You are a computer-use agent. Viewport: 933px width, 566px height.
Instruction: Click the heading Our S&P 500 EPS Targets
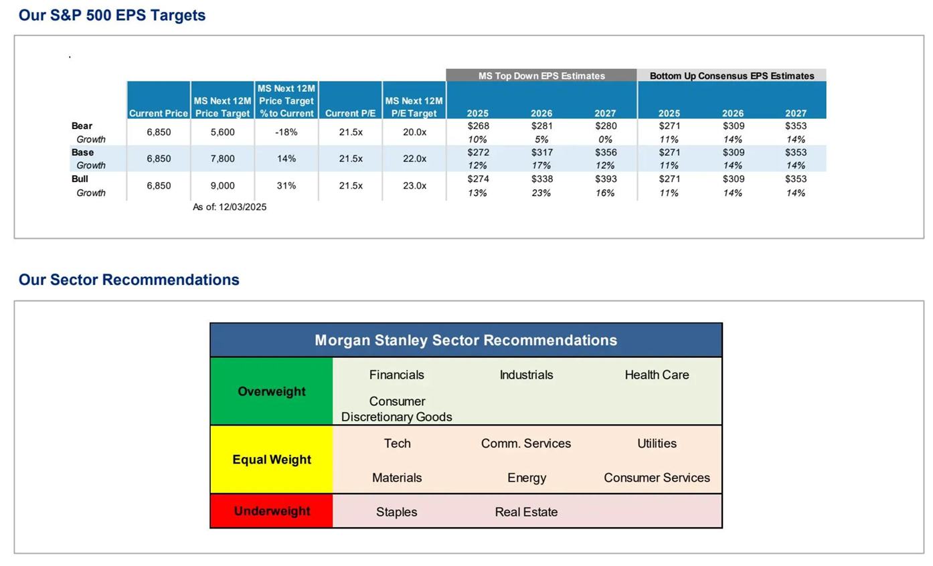tap(112, 15)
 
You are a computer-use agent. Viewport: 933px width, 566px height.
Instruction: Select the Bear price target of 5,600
tap(222, 132)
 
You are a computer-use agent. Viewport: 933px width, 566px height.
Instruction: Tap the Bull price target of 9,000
tap(222, 186)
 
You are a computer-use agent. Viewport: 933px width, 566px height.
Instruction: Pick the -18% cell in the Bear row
tap(286, 132)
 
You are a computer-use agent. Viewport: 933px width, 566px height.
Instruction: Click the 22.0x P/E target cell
tap(414, 159)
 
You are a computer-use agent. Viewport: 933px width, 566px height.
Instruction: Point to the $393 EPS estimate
tap(605, 179)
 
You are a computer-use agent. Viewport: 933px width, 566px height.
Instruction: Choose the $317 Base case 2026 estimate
tap(541, 153)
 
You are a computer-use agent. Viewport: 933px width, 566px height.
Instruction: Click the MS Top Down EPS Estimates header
tap(541, 76)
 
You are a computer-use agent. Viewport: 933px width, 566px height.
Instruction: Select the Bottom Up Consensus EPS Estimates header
tap(732, 76)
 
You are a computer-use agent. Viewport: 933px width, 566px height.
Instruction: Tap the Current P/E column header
tap(350, 113)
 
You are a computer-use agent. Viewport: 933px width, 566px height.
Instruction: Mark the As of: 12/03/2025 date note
tap(230, 207)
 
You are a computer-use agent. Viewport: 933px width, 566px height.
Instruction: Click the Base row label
tap(82, 153)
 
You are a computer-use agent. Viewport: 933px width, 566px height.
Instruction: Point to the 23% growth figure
tap(541, 193)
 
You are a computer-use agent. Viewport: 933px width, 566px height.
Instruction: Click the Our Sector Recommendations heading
tap(129, 280)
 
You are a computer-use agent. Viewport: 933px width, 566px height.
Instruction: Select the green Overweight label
tap(271, 391)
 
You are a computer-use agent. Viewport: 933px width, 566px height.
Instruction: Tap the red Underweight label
tap(271, 511)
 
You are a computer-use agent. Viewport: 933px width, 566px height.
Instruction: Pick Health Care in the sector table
tap(657, 375)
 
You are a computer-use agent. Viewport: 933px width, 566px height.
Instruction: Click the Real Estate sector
tap(526, 512)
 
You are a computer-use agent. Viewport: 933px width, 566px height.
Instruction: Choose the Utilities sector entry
tap(657, 444)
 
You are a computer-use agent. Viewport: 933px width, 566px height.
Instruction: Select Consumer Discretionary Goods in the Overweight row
tap(396, 409)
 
